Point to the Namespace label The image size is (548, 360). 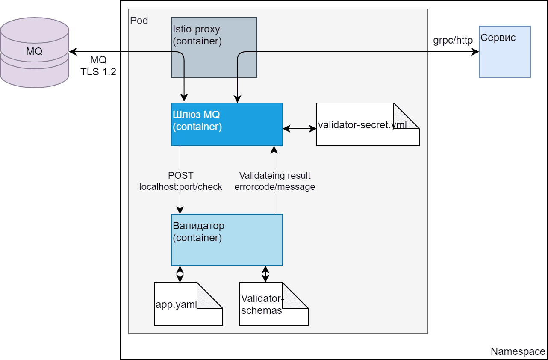pos(518,351)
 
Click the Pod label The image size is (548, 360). pos(139,21)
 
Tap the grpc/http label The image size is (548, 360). pos(453,41)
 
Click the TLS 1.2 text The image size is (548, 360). pos(98,72)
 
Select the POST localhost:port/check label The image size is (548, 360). pos(181,181)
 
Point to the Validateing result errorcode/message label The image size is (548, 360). pos(274,181)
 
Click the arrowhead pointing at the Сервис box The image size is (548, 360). pos(475,52)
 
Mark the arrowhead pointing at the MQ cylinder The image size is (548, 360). pos(73,52)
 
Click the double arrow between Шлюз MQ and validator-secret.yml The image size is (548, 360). pos(299,128)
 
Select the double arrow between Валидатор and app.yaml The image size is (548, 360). pos(180,274)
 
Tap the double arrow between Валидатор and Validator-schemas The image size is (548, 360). pos(265,274)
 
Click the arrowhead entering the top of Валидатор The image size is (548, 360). pos(180,210)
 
